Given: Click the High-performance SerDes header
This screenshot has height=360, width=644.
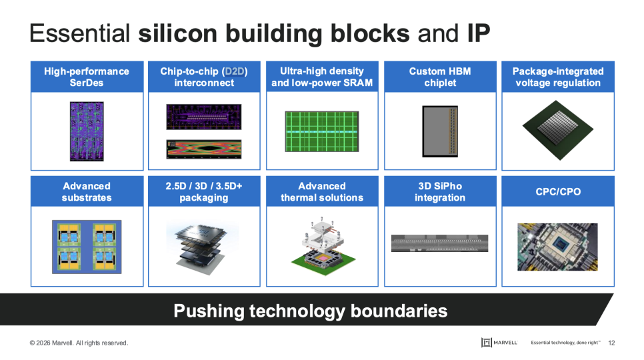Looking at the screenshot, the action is click(x=87, y=77).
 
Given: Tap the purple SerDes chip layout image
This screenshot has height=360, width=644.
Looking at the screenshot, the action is click(x=87, y=131).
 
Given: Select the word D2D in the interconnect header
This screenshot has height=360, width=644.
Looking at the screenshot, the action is click(x=235, y=71).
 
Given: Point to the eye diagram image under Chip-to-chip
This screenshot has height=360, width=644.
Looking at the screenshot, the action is click(x=204, y=149).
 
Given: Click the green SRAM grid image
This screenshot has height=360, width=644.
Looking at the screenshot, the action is click(x=322, y=131).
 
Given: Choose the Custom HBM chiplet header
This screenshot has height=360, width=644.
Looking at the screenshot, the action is click(x=440, y=77).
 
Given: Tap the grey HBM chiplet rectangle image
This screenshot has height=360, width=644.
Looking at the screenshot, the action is click(x=440, y=131).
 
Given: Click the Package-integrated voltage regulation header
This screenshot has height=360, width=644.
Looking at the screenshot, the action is click(x=558, y=77).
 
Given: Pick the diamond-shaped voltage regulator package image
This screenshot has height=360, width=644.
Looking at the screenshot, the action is click(x=558, y=130).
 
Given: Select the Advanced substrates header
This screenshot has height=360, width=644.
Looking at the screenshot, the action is click(x=87, y=192).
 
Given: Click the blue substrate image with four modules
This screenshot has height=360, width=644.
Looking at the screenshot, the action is click(x=87, y=247).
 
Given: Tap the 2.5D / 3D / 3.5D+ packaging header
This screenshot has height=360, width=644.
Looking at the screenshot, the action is click(x=204, y=192).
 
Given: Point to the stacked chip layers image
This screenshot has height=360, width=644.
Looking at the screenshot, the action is click(x=202, y=249).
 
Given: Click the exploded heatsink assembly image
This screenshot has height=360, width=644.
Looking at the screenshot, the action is click(x=323, y=246).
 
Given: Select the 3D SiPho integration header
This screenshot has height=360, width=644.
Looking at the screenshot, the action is click(x=440, y=192).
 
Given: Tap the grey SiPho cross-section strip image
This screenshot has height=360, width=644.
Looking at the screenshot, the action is click(x=439, y=243).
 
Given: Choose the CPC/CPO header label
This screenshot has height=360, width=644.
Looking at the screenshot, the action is click(x=558, y=192).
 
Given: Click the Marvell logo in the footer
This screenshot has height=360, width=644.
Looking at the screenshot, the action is click(x=499, y=343).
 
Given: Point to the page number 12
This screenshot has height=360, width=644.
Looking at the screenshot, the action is click(x=611, y=343).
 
